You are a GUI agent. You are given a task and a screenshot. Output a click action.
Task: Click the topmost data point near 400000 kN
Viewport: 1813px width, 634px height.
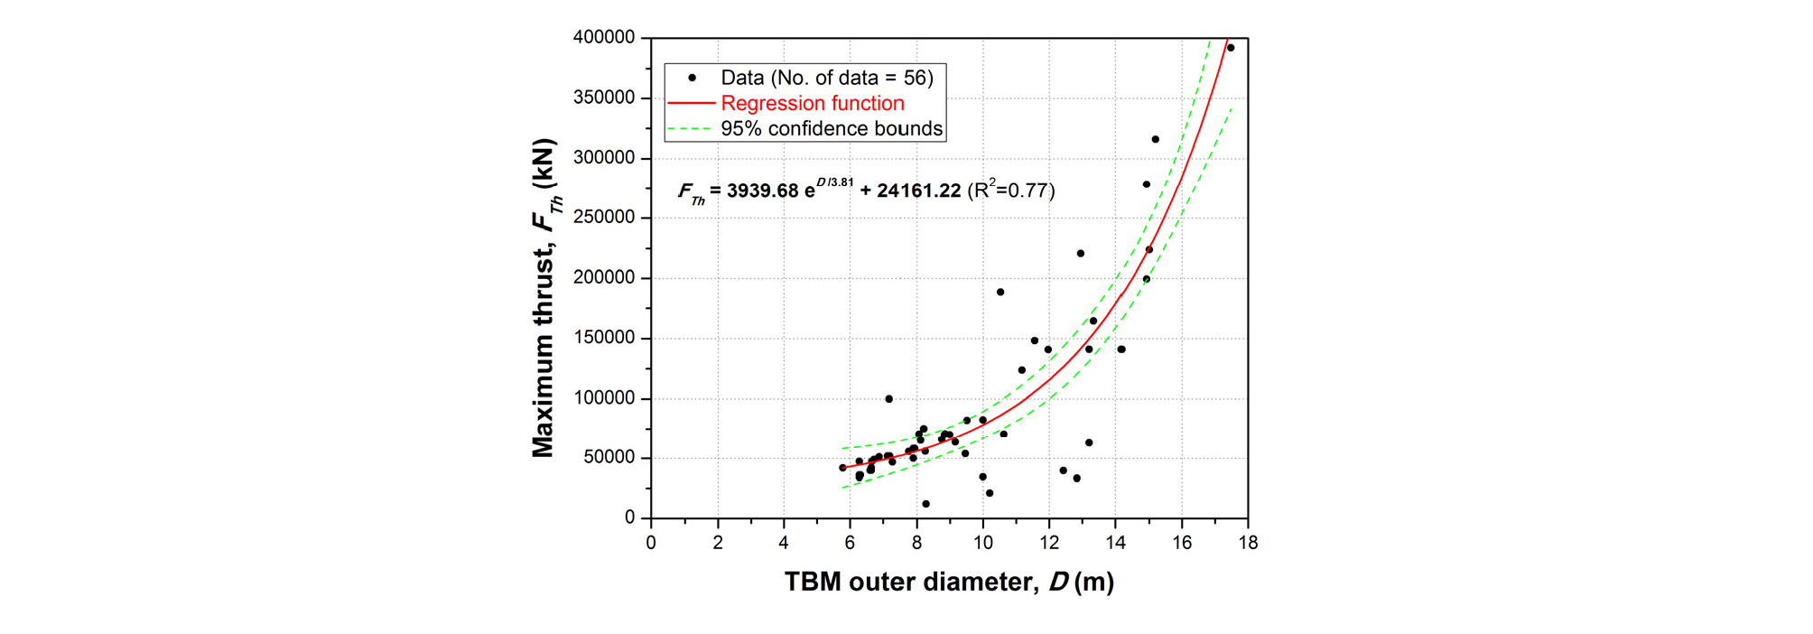[1231, 48]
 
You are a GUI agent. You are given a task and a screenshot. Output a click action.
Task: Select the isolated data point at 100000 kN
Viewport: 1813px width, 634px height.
[889, 399]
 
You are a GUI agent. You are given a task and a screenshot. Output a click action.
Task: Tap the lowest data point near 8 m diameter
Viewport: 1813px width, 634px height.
[925, 504]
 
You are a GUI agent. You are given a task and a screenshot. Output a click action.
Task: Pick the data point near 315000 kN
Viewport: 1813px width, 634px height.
[1155, 139]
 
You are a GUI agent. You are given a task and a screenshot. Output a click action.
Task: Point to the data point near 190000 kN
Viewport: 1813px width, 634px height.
[1000, 292]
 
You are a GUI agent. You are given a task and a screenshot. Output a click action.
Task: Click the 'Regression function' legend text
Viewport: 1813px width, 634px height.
[813, 104]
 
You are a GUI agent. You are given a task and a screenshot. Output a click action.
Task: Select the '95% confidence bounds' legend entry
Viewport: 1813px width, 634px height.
[831, 129]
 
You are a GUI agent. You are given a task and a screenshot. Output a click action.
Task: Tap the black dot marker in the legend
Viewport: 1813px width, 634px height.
[692, 78]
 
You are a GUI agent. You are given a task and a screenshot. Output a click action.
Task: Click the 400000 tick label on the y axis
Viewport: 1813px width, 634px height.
[604, 38]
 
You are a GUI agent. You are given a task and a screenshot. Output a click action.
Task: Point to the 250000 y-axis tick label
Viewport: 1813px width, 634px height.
[604, 218]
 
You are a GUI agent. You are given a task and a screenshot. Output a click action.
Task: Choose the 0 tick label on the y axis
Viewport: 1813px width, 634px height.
[629, 517]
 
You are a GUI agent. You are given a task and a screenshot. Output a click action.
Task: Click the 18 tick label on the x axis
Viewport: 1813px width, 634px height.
[1248, 543]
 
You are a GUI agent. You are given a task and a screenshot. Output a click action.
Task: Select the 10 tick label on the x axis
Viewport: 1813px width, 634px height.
[982, 543]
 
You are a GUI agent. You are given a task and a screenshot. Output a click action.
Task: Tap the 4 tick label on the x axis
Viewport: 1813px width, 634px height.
[784, 543]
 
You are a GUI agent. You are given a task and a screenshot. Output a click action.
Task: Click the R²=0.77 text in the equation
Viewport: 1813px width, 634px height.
[1011, 190]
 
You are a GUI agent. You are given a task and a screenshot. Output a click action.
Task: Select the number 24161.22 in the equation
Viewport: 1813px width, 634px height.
[918, 191]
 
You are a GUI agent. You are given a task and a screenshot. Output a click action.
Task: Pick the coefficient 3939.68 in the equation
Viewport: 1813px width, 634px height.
[763, 191]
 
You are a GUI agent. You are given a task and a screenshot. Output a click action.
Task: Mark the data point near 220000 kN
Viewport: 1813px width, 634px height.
[1081, 254]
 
